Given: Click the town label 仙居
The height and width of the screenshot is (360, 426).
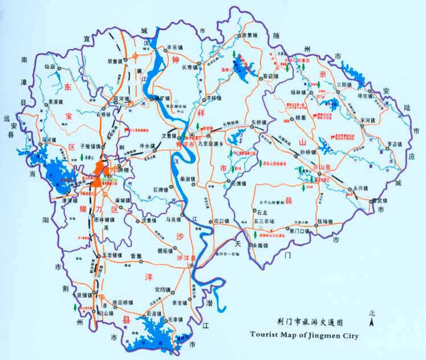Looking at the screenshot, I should click(51, 67).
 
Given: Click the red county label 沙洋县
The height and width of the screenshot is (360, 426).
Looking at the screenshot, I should click(186, 258).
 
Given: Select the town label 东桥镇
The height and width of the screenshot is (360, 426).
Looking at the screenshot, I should click(259, 122).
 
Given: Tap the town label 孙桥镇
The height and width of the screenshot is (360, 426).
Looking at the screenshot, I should click(291, 153).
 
